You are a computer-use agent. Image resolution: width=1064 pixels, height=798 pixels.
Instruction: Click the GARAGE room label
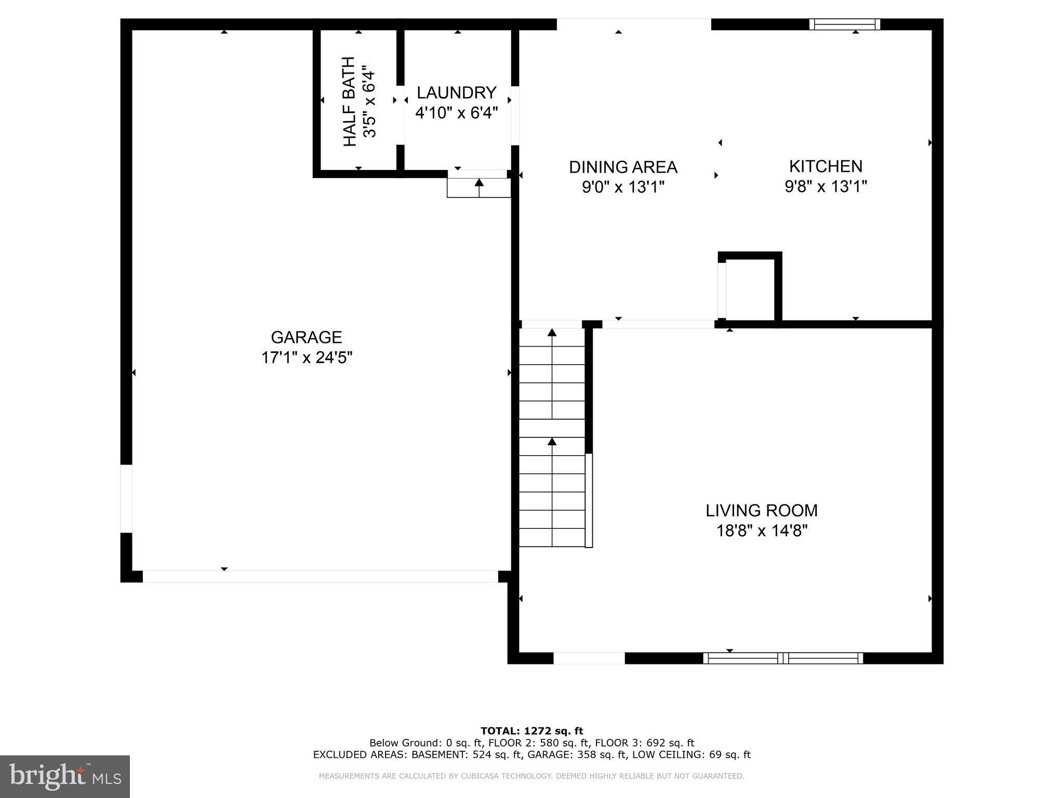click(x=306, y=338)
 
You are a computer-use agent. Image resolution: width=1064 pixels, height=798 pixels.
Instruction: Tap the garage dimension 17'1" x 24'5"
click(x=307, y=358)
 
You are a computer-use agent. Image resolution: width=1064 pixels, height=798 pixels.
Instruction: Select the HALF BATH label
click(x=350, y=101)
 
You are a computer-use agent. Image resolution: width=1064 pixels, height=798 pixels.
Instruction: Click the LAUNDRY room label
click(x=456, y=93)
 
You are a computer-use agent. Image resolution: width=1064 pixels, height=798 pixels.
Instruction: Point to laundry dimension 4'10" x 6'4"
click(x=456, y=113)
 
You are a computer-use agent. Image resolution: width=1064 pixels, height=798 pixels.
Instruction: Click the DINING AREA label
click(x=623, y=167)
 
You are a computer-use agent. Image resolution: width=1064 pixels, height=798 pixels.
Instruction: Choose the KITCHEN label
click(x=826, y=166)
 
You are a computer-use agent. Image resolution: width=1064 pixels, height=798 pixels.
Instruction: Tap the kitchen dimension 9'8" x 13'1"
click(x=826, y=187)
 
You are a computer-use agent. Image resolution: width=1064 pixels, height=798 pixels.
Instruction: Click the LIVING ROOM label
click(x=761, y=511)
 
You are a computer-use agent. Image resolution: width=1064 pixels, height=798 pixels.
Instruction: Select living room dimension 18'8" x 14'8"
click(x=761, y=531)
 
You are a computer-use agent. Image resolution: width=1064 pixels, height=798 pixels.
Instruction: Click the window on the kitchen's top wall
click(x=844, y=24)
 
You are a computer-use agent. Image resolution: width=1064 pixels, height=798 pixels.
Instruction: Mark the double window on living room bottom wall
click(x=783, y=658)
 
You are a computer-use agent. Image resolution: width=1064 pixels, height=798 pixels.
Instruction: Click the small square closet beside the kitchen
click(x=750, y=289)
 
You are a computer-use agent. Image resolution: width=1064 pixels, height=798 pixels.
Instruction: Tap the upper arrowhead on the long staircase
click(x=552, y=332)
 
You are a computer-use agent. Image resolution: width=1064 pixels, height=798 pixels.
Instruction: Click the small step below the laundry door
click(x=478, y=188)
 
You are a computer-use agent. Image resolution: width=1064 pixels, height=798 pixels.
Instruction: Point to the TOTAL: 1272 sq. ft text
click(x=531, y=731)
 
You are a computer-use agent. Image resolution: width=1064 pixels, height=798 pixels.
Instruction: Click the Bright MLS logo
click(x=64, y=776)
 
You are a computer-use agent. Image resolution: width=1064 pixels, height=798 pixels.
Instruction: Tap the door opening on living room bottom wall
click(x=589, y=658)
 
